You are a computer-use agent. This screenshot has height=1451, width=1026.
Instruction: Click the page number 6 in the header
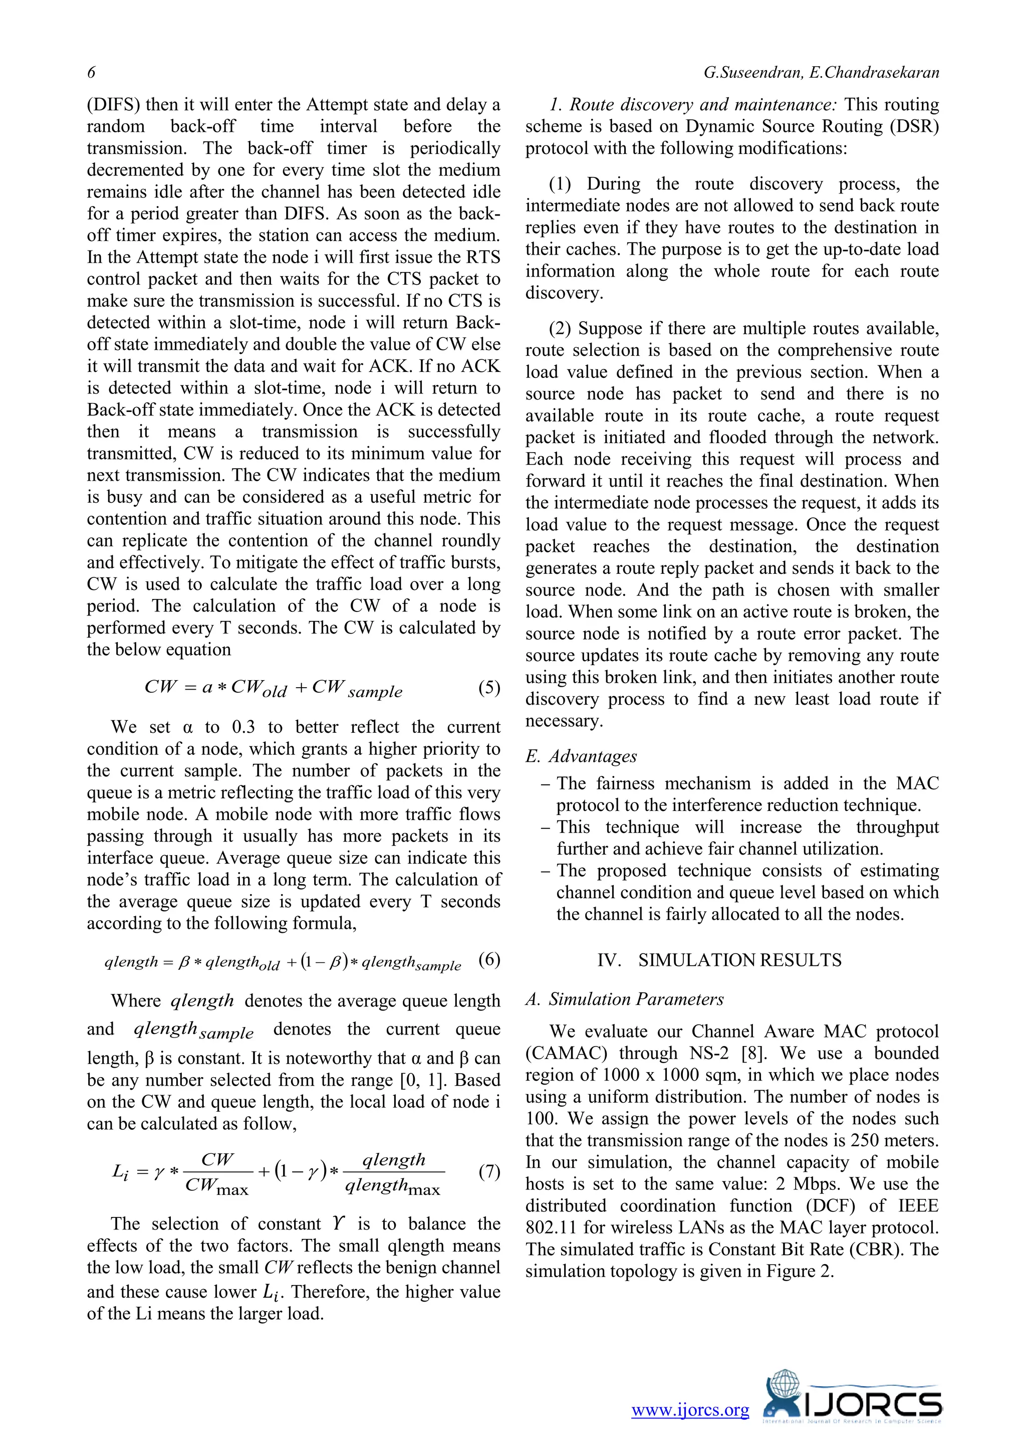[x=92, y=73]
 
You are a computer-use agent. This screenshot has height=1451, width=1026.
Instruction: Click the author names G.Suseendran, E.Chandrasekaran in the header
[x=821, y=73]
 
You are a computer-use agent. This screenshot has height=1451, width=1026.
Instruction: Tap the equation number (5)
[x=489, y=687]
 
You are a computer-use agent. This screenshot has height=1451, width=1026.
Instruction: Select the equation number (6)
[x=489, y=961]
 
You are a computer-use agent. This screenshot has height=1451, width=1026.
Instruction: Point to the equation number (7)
[x=489, y=1172]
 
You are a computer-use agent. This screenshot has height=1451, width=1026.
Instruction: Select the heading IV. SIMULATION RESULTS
[x=719, y=961]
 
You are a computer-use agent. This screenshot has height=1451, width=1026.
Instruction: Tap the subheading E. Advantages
[x=581, y=756]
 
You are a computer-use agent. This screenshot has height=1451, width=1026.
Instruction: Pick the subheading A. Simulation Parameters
[x=624, y=999]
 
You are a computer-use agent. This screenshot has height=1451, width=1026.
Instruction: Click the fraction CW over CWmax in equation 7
[x=217, y=1173]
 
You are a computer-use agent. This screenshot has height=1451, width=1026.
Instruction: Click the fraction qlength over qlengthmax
[x=393, y=1173]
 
